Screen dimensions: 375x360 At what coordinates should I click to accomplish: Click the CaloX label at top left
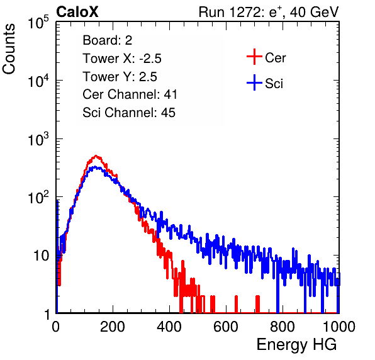(x=77, y=12)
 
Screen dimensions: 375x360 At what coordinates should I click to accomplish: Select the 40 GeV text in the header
(x=314, y=12)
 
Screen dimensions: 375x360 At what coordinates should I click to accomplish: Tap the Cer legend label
(x=275, y=58)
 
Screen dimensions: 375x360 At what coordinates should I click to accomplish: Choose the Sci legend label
(x=274, y=84)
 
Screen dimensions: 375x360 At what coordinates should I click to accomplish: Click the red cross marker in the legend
(x=254, y=57)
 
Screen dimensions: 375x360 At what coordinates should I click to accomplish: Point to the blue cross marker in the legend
(x=254, y=82)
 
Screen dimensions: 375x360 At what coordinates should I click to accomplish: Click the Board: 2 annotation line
(x=108, y=40)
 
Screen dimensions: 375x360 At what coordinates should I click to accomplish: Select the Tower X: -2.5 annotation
(x=122, y=59)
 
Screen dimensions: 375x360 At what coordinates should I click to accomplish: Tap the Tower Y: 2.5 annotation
(x=120, y=77)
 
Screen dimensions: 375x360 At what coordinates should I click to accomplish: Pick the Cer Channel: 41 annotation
(x=130, y=94)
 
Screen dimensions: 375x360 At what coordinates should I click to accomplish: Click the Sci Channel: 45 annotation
(x=129, y=113)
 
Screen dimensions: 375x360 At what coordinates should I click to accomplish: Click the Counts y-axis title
(x=9, y=49)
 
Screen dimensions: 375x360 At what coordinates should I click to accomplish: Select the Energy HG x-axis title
(x=296, y=345)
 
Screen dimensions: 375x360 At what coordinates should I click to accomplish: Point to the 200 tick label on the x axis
(x=113, y=326)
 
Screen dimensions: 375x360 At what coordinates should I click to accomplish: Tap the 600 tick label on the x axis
(x=226, y=326)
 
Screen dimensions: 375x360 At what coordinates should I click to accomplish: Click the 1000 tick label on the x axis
(x=339, y=326)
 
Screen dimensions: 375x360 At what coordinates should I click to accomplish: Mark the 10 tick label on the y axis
(x=42, y=256)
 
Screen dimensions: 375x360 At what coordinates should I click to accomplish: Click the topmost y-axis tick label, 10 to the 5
(x=38, y=23)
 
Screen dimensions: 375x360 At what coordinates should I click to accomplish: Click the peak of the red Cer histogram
(x=96, y=156)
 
